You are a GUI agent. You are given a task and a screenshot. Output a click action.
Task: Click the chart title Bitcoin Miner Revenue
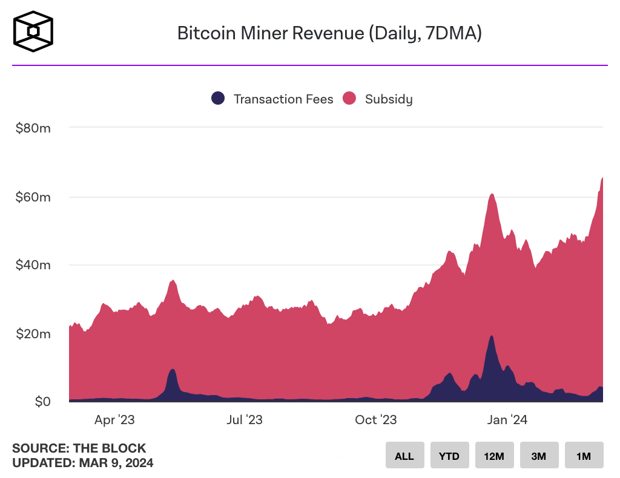coord(329,33)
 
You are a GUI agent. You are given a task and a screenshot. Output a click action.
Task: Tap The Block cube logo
coord(34,31)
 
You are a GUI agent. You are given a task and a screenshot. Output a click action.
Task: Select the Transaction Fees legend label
coord(283,99)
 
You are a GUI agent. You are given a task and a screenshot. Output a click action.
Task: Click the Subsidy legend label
coord(389,99)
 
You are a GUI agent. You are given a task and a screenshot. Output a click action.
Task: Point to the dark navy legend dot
coord(218,99)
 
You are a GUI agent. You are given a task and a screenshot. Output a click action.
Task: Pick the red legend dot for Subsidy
coord(350,99)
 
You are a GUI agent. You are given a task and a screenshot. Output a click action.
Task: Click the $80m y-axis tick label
coord(34,128)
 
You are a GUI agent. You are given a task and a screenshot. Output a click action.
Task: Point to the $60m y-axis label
coord(34,197)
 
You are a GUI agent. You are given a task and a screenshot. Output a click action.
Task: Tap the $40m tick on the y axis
coord(34,265)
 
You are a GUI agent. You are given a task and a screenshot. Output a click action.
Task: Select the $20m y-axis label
coord(34,333)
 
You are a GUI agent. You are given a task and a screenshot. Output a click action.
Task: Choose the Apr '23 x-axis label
coord(114,420)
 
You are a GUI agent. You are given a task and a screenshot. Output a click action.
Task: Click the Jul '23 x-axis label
coord(245,420)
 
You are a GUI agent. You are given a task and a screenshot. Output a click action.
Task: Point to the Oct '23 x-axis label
coord(375,420)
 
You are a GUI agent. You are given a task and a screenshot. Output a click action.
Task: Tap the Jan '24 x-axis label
coord(507,420)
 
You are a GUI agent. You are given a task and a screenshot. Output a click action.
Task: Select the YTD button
coord(449,456)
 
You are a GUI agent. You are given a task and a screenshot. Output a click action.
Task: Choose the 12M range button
coord(494,456)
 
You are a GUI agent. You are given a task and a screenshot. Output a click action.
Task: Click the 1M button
coord(584,456)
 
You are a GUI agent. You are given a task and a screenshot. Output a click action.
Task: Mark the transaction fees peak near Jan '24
coord(492,337)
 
